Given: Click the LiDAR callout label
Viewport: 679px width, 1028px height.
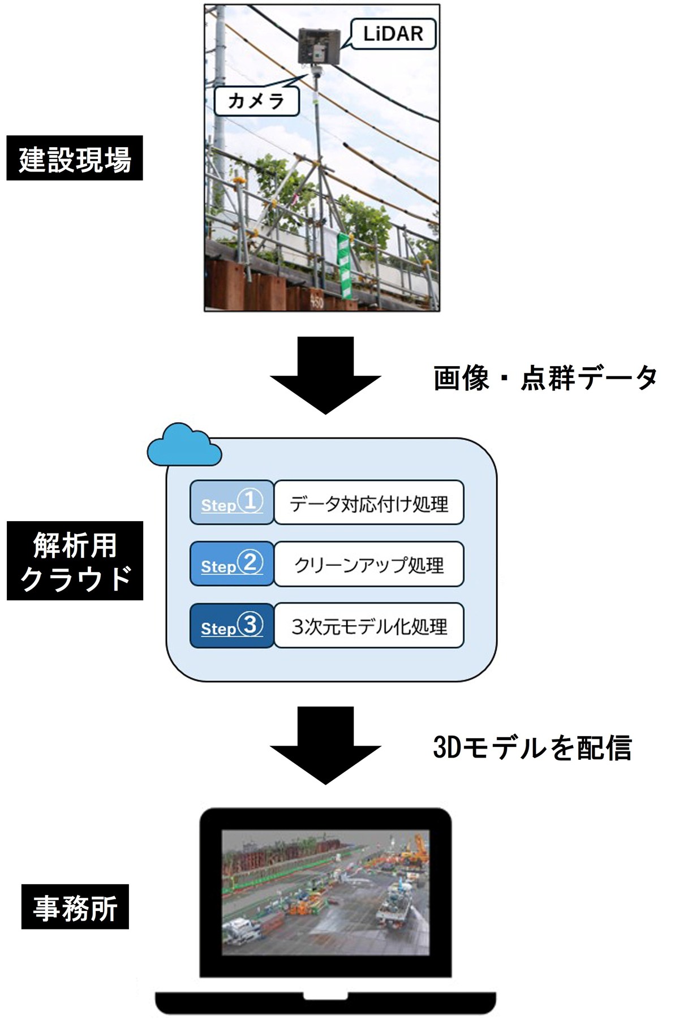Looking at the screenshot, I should [x=393, y=33].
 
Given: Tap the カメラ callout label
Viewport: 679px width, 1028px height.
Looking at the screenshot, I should [x=256, y=101].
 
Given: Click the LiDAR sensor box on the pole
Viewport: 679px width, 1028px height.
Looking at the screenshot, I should [x=318, y=46].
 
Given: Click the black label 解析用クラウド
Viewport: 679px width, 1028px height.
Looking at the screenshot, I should [x=75, y=561].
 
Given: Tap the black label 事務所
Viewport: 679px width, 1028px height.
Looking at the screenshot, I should [x=75, y=907].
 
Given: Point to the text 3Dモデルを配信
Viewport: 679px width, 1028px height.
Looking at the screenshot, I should [x=532, y=747].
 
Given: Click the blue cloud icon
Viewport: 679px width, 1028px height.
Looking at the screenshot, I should [x=184, y=445].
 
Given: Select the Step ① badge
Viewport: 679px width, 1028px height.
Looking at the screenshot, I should [x=232, y=502].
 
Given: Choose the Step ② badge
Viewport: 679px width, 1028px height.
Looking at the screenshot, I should [x=232, y=564].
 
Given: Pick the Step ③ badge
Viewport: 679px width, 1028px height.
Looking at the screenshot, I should [x=232, y=626].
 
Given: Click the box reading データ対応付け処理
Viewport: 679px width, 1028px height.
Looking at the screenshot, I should [x=369, y=503].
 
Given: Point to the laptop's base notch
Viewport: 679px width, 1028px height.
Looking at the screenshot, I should [x=325, y=996].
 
